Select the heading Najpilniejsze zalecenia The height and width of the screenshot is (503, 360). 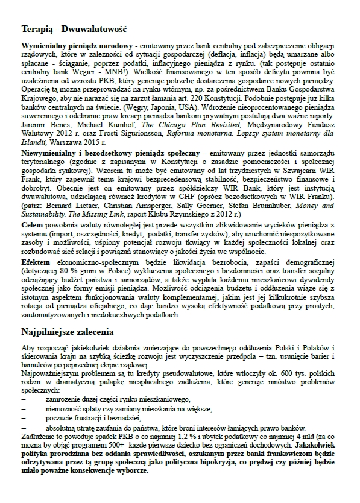coord(71,331)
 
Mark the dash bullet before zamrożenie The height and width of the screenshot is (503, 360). coord(24,399)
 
